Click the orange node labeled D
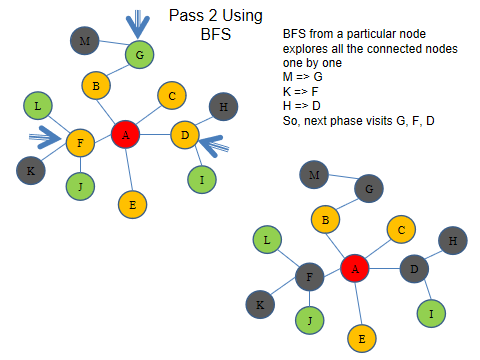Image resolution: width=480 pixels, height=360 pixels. coord(184,134)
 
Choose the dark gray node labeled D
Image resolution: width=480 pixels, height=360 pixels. coord(414,267)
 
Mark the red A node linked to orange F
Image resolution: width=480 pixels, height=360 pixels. coord(124,133)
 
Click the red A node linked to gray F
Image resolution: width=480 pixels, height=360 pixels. coord(355,267)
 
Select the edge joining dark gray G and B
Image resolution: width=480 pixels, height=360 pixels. coord(347,203)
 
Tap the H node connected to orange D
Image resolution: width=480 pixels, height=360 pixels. coord(223,107)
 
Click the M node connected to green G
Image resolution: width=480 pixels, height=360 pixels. coord(85,41)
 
